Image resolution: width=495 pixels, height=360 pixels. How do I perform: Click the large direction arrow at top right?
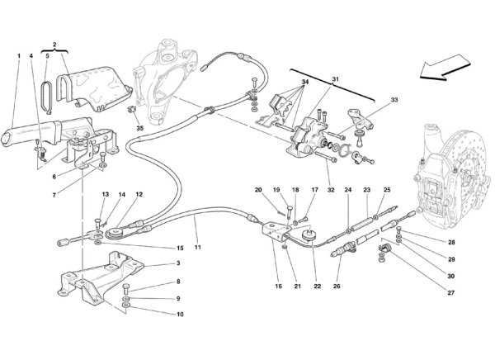click(445, 68)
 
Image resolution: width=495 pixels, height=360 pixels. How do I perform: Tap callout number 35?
click(140, 128)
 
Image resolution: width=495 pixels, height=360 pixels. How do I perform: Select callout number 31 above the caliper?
click(335, 79)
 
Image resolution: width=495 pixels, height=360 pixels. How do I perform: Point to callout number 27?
click(451, 292)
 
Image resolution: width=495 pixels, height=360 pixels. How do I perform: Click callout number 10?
click(180, 314)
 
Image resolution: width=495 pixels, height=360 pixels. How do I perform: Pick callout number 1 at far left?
click(19, 56)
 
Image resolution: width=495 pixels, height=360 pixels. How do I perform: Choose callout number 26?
click(337, 286)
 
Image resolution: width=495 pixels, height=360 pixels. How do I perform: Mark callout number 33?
click(394, 100)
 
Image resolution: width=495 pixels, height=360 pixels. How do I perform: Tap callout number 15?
click(180, 248)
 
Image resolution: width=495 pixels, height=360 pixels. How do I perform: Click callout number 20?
click(258, 190)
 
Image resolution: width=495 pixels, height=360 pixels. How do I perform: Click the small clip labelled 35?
click(131, 109)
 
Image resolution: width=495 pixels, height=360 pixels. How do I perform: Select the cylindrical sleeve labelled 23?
click(362, 225)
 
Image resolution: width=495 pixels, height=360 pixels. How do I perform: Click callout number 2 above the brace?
click(54, 45)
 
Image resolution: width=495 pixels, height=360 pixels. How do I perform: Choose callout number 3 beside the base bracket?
click(178, 263)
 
